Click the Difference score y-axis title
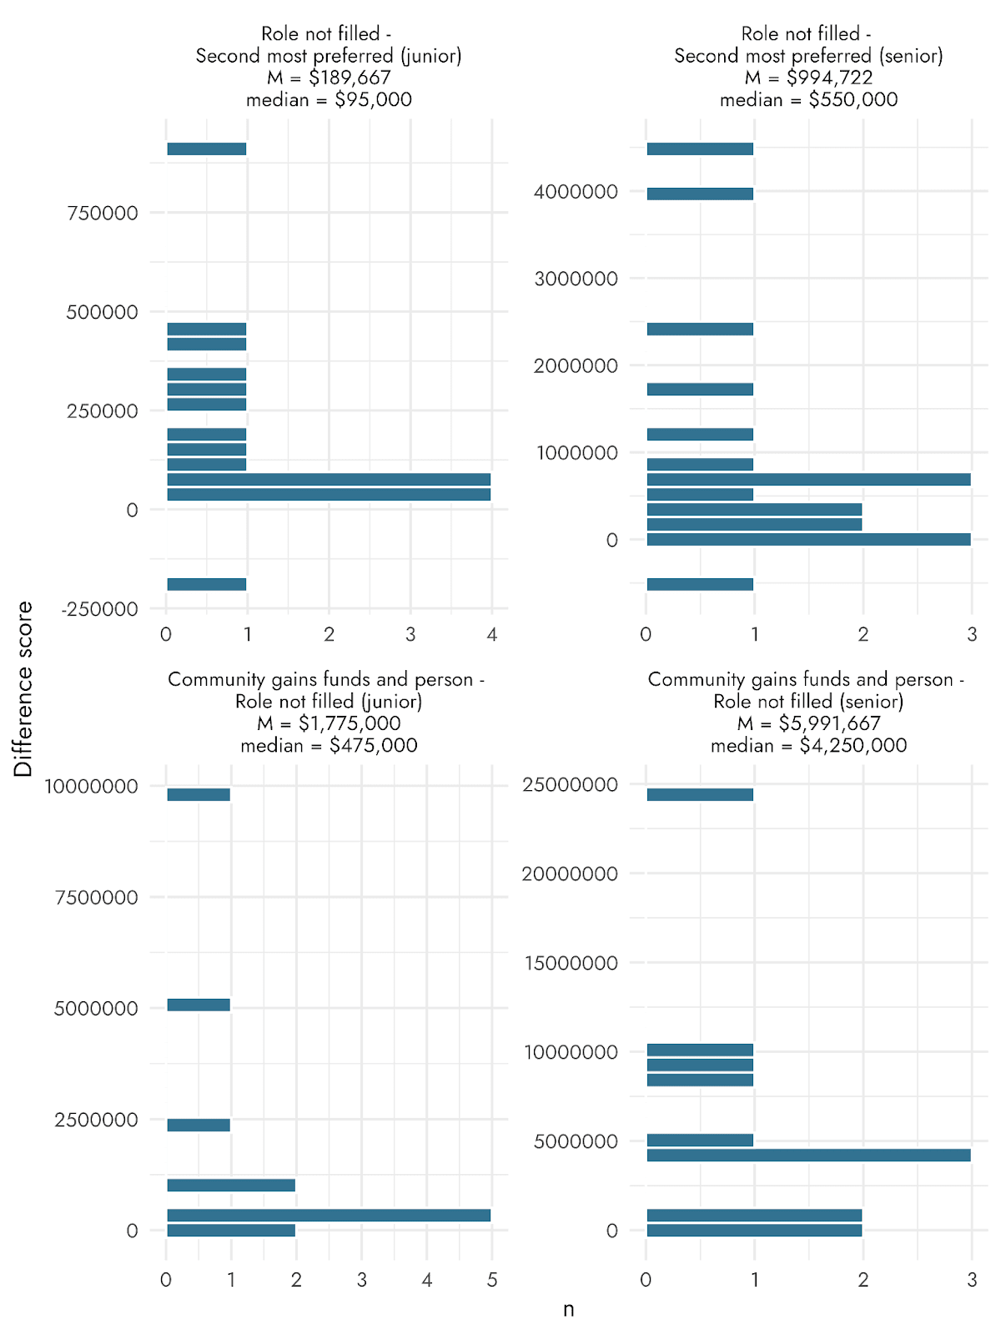pos(23,689)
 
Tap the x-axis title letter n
pos(568,1309)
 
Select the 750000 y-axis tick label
pos(103,214)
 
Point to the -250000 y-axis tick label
pos(99,610)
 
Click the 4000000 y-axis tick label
pos(576,192)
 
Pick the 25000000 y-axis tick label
pos(570,785)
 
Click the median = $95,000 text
pos(329,100)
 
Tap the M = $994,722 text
pos(808,78)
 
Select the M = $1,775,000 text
pos(329,723)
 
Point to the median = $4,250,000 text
pos(808,745)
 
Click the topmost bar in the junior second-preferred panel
pos(207,149)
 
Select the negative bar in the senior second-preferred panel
pos(700,584)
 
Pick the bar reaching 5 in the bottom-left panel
pos(329,1215)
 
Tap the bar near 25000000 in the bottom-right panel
pos(700,794)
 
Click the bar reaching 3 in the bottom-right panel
pos(808,1155)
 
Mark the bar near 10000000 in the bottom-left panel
pos(199,794)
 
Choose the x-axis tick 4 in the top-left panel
pos(492,635)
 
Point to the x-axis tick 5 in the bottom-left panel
pos(492,1280)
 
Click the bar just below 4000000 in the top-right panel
pos(700,194)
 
